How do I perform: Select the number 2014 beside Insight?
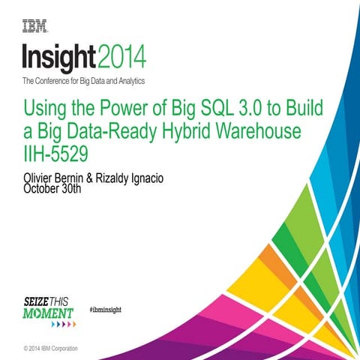coord(121,57)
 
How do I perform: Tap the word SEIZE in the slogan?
coord(37,300)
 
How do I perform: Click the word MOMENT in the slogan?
coord(48,311)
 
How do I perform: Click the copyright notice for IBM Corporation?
coord(50,349)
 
